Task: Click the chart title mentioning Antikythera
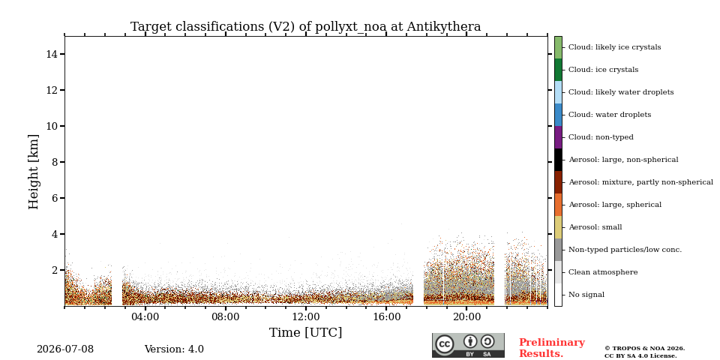[x=305, y=27]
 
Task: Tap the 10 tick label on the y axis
[x=52, y=126]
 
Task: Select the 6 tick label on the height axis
[x=55, y=198]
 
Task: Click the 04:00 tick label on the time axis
[x=145, y=316]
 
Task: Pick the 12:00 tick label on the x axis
[x=306, y=316]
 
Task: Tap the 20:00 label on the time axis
[x=467, y=316]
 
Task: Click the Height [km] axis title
[x=34, y=172]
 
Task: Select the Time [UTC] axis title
[x=305, y=332]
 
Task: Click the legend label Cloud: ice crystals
[x=603, y=70]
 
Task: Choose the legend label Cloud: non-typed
[x=601, y=137]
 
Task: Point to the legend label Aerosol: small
[x=595, y=227]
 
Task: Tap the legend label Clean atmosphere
[x=603, y=272]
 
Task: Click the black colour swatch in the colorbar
[x=558, y=160]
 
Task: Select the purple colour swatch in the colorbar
[x=558, y=137]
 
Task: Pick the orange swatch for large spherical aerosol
[x=558, y=205]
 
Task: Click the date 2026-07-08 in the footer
[x=65, y=349]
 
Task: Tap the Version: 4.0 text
[x=174, y=349]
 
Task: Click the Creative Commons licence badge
[x=468, y=345]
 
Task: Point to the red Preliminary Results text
[x=552, y=348]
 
